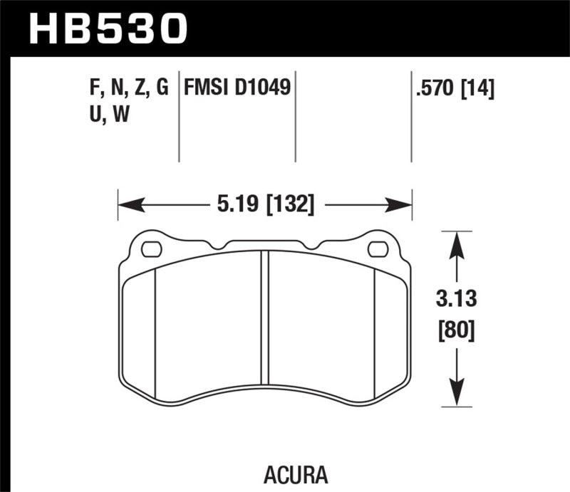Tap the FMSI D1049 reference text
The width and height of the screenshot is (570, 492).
(x=237, y=88)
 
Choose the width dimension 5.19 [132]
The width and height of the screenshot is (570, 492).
(x=264, y=206)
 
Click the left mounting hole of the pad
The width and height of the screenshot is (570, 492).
(x=152, y=249)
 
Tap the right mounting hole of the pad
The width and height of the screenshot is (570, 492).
(x=378, y=249)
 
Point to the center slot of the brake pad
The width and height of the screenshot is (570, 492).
(x=264, y=318)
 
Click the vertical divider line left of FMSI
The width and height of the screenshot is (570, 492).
(x=178, y=117)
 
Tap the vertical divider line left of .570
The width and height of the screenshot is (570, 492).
(x=411, y=117)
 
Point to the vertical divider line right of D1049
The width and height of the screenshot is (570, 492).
(x=295, y=117)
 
